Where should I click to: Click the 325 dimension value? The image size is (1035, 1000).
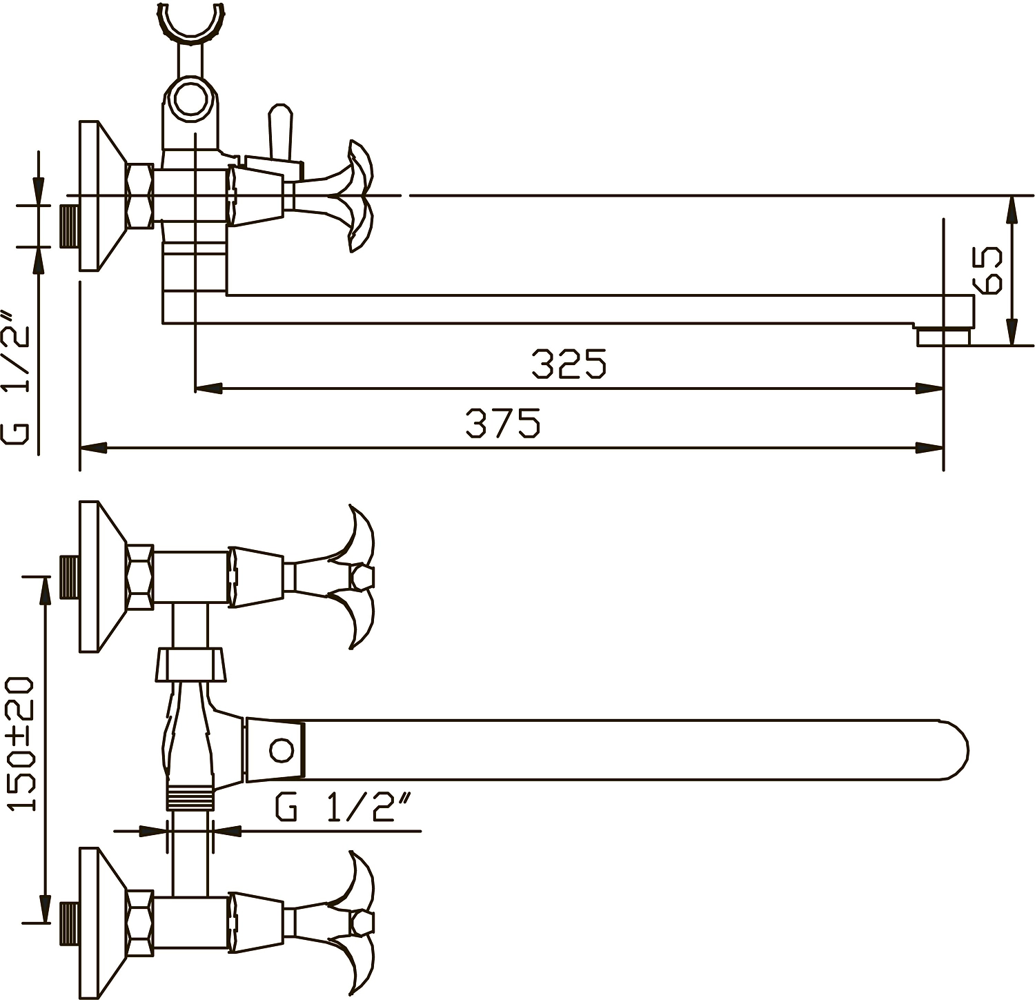coord(569,364)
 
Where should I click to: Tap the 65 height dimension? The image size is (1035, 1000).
coord(987,271)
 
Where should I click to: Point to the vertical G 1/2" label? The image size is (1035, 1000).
coord(17,379)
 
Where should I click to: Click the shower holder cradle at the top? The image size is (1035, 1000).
coord(191,24)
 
